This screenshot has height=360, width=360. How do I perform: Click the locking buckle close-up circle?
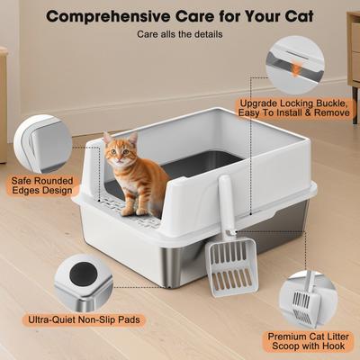point(297,63)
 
